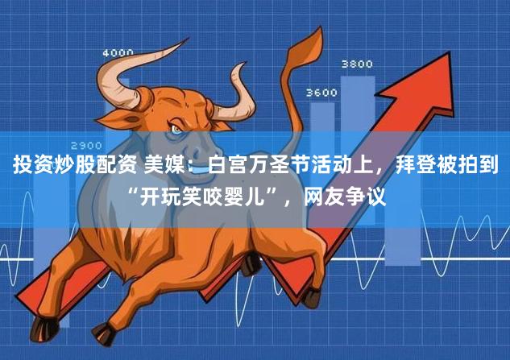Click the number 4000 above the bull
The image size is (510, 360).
[118, 54]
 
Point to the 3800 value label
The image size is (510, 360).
[357, 64]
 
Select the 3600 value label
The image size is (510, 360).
[321, 93]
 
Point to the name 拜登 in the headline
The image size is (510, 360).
[395, 167]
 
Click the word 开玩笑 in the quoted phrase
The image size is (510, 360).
[172, 194]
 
